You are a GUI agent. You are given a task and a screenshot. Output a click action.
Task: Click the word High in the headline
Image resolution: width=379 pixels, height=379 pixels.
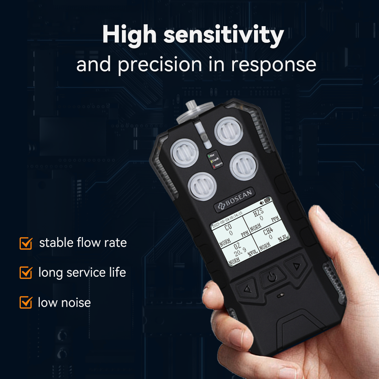[x=129, y=35]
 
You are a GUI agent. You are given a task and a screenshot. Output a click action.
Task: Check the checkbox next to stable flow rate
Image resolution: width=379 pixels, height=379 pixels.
[x=26, y=243]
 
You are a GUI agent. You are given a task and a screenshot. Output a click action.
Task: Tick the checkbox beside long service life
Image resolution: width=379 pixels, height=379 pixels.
[x=26, y=272]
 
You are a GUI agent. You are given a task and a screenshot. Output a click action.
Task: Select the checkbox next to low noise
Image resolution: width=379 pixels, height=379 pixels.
[x=26, y=302]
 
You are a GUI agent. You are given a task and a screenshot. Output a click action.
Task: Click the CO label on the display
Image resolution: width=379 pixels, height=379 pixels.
[x=228, y=227]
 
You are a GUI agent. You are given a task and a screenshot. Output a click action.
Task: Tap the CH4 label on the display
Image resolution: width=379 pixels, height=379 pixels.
[x=268, y=231]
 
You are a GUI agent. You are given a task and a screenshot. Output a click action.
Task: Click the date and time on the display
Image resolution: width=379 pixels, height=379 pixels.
[x=227, y=220]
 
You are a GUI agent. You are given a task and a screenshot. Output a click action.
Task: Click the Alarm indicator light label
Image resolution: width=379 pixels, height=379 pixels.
[x=218, y=165]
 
